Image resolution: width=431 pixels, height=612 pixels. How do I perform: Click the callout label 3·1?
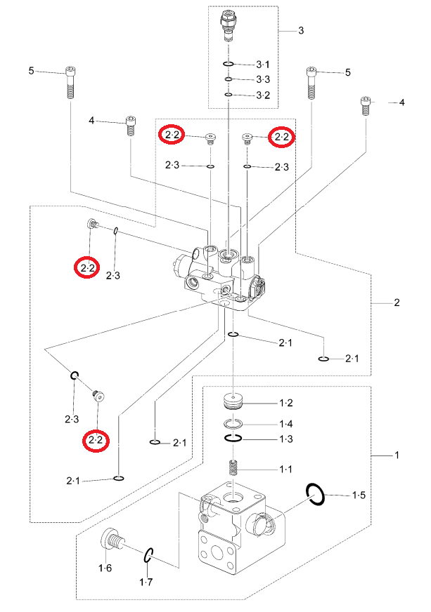pyautogui.click(x=263, y=65)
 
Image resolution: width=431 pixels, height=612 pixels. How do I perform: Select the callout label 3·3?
pyautogui.click(x=263, y=79)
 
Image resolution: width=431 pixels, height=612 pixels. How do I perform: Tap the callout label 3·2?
pyautogui.click(x=263, y=95)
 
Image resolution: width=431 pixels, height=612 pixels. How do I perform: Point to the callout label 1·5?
pyautogui.click(x=359, y=495)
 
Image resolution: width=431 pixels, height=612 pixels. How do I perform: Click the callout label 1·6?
pyautogui.click(x=105, y=568)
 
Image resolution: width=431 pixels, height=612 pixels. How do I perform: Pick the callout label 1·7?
pyautogui.click(x=146, y=583)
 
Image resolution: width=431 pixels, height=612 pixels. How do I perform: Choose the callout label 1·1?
pyautogui.click(x=286, y=469)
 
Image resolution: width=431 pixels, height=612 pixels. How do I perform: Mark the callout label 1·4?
pyautogui.click(x=286, y=425)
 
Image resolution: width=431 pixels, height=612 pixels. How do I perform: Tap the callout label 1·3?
pyautogui.click(x=286, y=439)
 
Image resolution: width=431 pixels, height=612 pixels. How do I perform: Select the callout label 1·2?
pyautogui.click(x=286, y=403)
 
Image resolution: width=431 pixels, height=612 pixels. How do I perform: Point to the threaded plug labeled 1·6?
pyautogui.click(x=112, y=540)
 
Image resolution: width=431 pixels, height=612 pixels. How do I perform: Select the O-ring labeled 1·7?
pyautogui.click(x=147, y=555)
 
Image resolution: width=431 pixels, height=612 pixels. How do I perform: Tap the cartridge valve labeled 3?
pyautogui.click(x=228, y=26)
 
